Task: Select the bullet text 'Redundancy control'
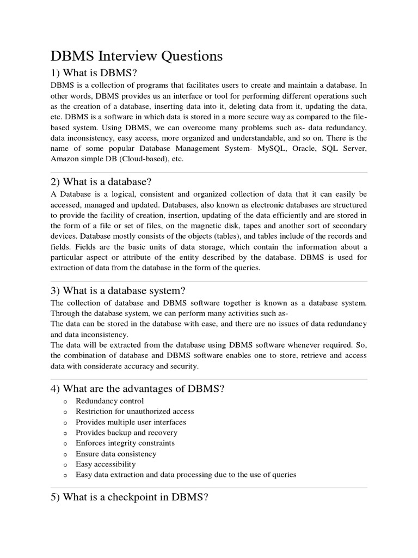[x=110, y=401]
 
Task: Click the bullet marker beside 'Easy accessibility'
[x=65, y=465]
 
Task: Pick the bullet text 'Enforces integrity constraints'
[x=125, y=443]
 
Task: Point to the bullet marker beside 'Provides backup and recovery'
[x=65, y=433]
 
